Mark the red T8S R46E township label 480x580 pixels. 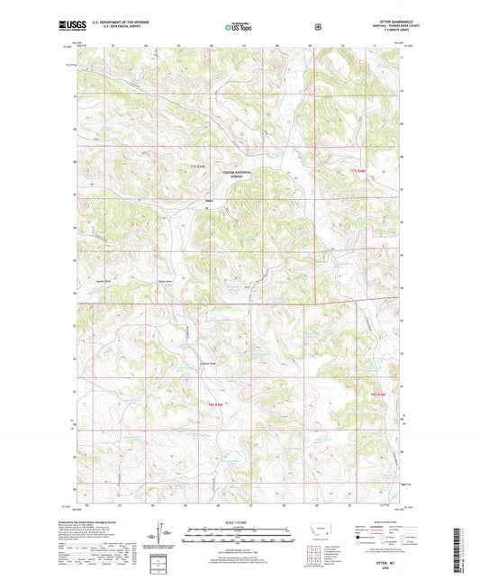[376, 394]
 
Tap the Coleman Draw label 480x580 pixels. [208, 365]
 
